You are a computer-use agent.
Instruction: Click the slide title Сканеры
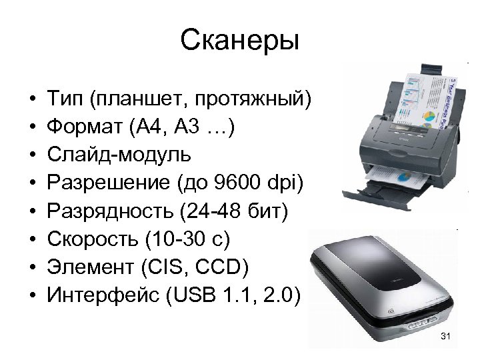point(240,41)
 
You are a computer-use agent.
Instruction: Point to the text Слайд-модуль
point(119,155)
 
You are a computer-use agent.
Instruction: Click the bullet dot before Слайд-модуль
point(33,155)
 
